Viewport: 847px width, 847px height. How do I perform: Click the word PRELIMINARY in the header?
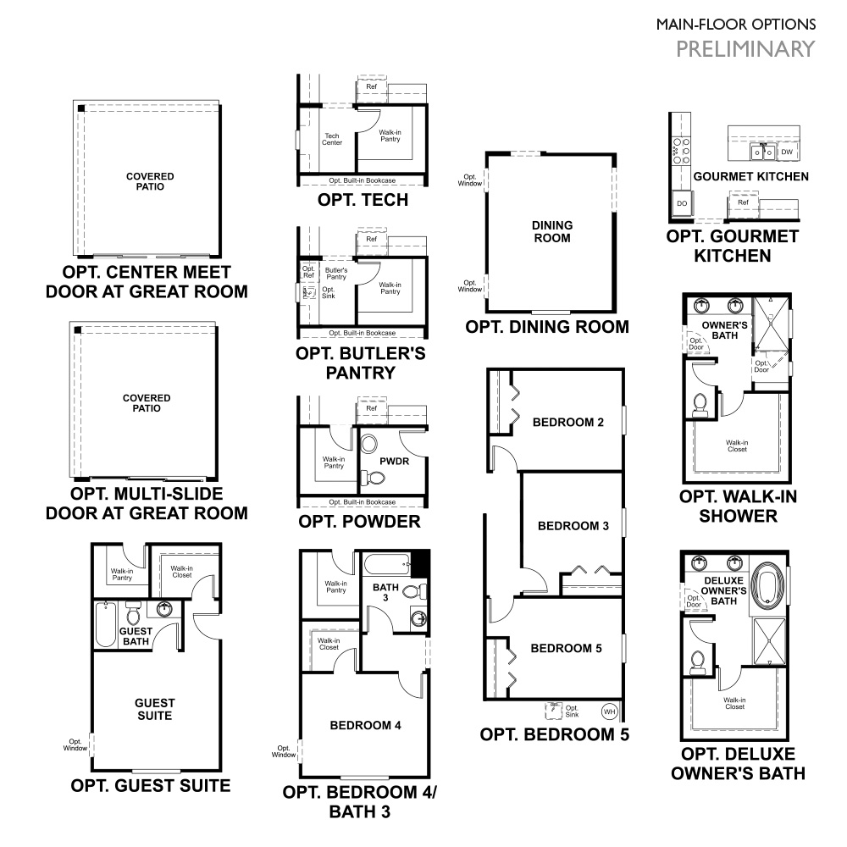[745, 48]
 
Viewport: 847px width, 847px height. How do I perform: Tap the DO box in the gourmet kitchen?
[681, 203]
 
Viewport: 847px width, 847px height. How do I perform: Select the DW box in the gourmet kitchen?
[787, 152]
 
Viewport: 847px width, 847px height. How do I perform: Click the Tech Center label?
[332, 139]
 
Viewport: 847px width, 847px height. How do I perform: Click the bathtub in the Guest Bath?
[105, 623]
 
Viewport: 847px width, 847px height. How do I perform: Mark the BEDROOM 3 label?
[573, 526]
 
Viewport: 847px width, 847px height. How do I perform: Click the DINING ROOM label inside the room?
[552, 231]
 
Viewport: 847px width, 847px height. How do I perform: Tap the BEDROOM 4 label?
[365, 725]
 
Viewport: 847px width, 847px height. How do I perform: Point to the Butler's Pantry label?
[336, 274]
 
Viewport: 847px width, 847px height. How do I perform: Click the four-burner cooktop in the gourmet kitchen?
[679, 151]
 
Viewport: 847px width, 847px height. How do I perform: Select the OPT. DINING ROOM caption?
[547, 327]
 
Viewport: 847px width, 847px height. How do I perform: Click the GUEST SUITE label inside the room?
[155, 709]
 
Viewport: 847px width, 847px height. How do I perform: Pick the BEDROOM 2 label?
[567, 421]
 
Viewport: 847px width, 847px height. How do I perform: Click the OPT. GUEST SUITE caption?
[151, 785]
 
